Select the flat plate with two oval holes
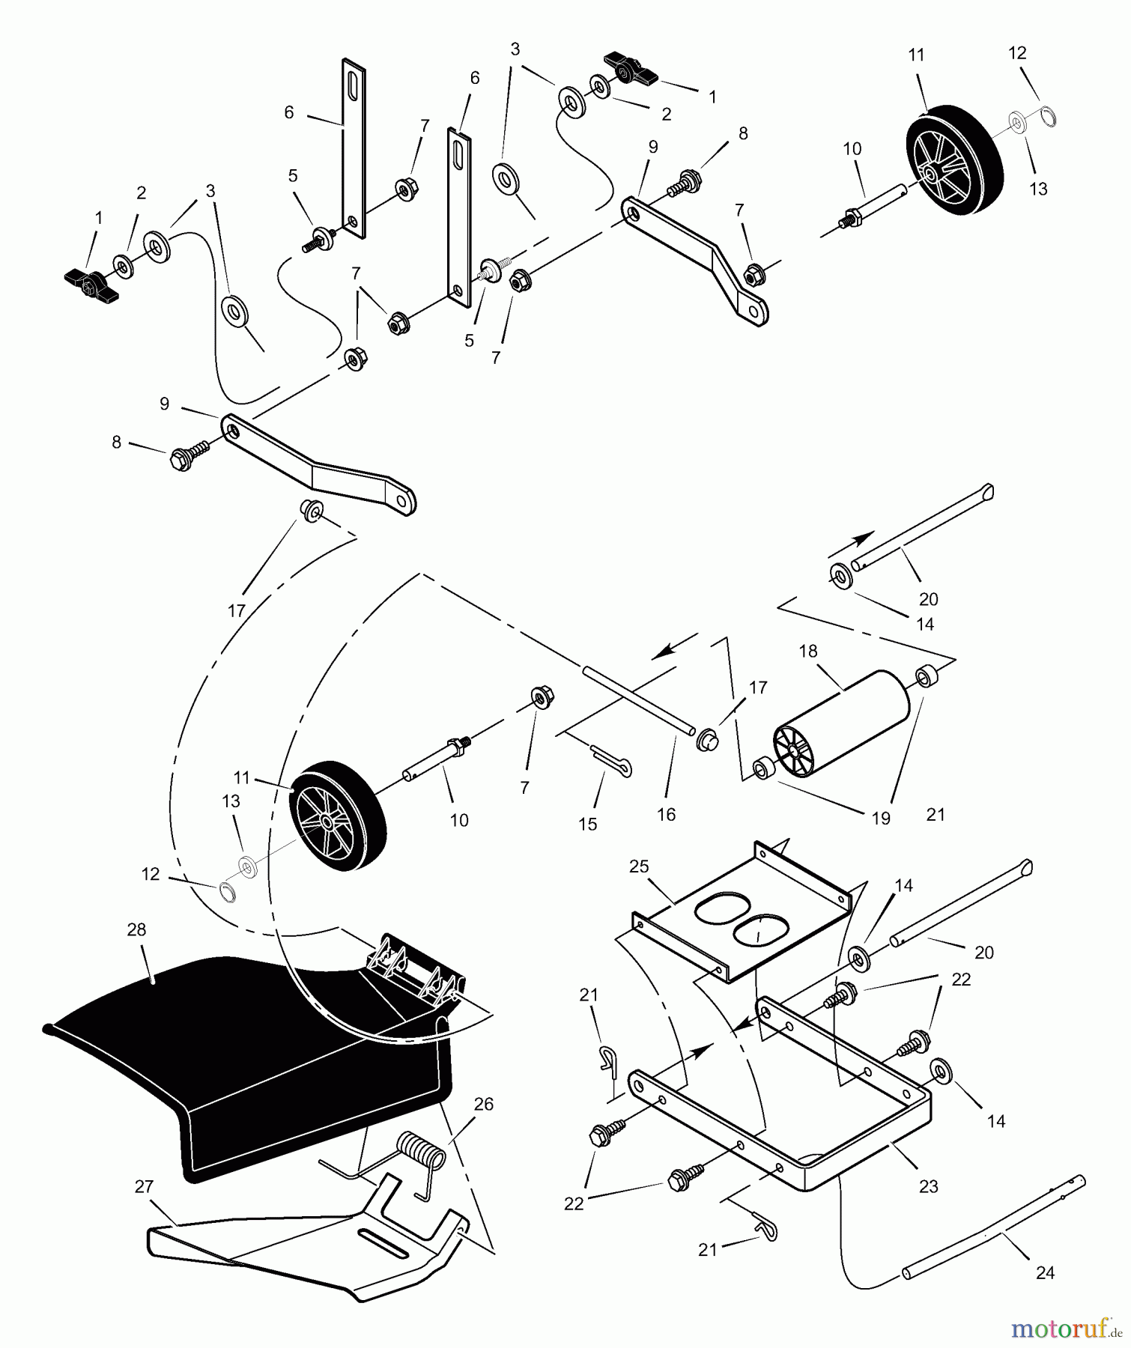click(x=742, y=910)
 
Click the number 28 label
click(x=136, y=929)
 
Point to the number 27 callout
click(x=144, y=1186)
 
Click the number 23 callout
click(x=928, y=1186)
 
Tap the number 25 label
click(x=638, y=866)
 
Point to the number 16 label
click(x=666, y=814)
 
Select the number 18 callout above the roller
click(x=807, y=651)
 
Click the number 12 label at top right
click(x=1017, y=52)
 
